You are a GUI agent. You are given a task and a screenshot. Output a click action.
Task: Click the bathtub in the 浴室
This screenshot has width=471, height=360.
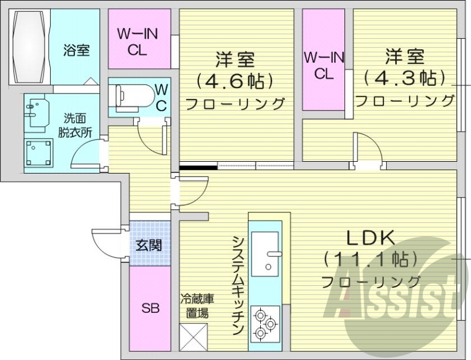(x=29, y=46)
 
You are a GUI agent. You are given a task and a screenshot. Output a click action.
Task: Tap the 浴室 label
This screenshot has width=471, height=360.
(x=77, y=50)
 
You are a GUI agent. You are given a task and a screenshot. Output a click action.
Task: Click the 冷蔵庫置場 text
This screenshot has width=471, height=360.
(x=194, y=306)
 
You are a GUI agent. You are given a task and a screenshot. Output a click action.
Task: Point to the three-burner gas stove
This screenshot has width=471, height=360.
(x=264, y=324)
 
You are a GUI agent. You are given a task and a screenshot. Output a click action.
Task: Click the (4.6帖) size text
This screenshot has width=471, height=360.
(x=235, y=79)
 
